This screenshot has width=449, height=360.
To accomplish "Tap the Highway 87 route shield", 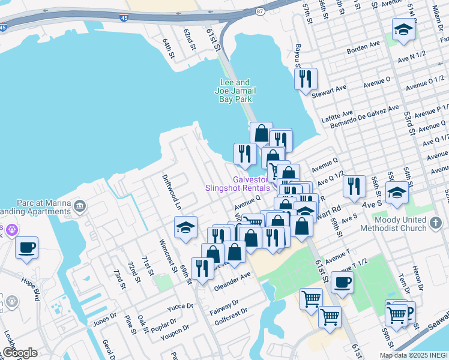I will (x=259, y=11).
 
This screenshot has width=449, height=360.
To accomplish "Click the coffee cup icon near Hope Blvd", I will (x=26, y=247).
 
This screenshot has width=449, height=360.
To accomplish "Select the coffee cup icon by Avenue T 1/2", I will (x=342, y=282).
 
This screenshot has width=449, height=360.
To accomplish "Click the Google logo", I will (x=20, y=353).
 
